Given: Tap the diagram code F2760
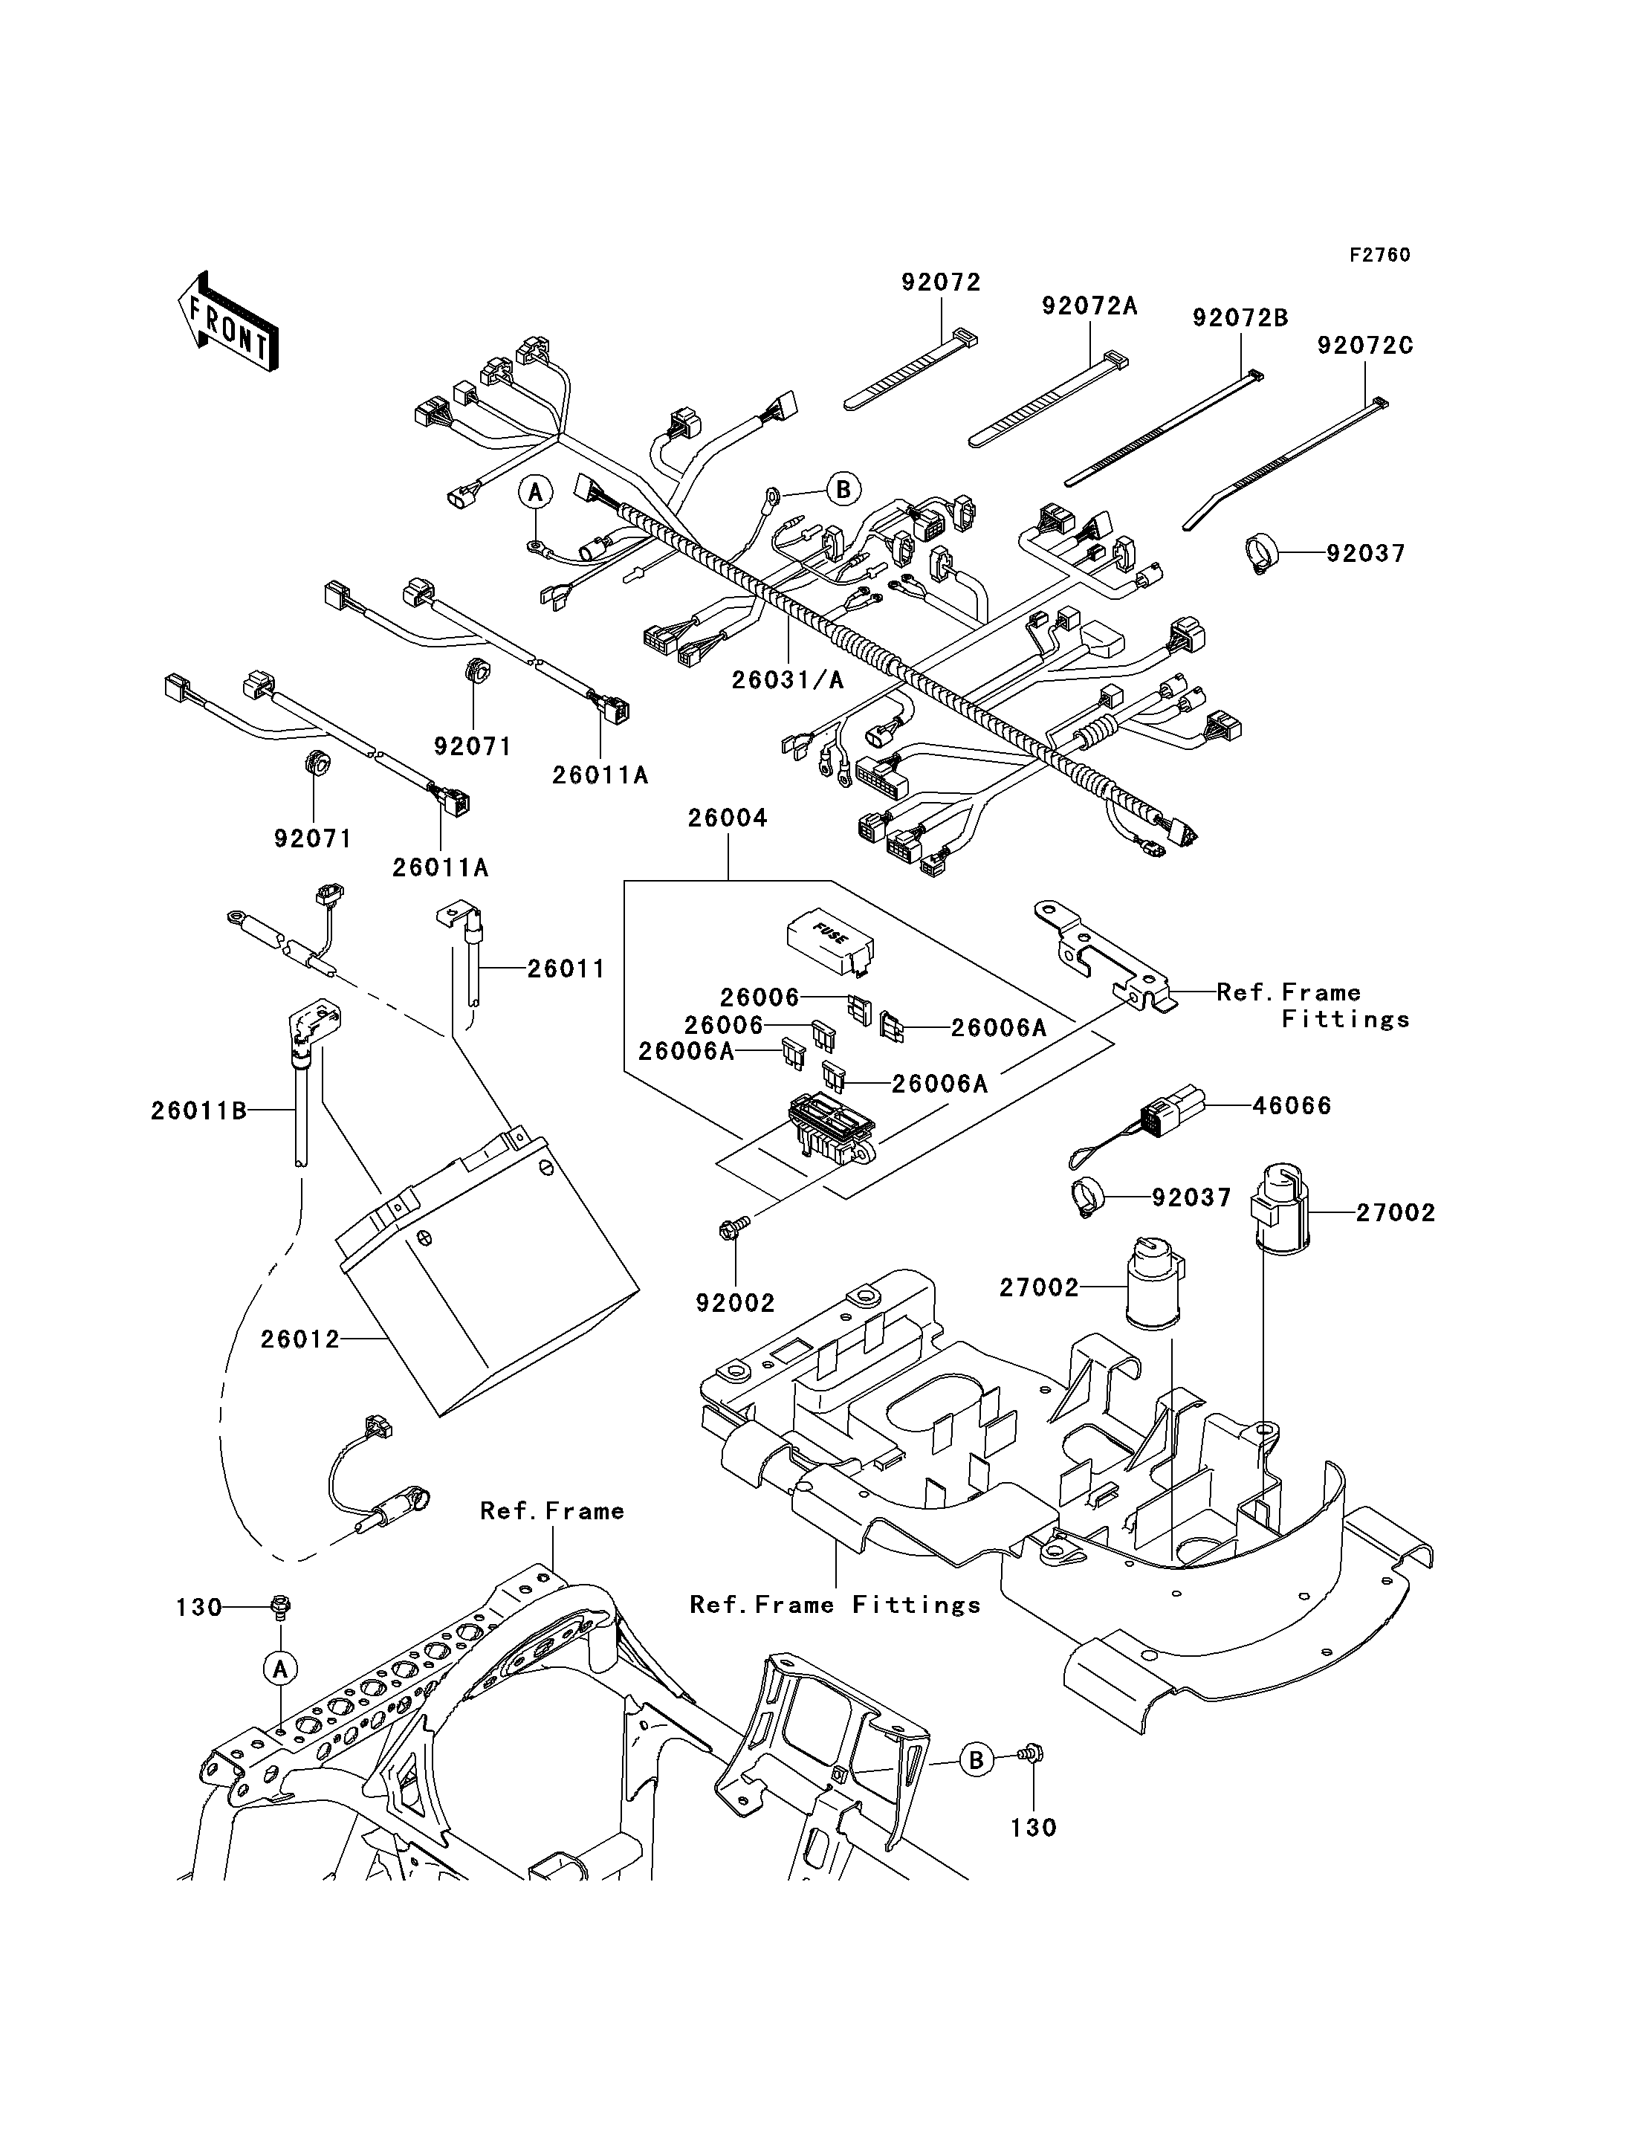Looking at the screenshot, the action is coord(1380,255).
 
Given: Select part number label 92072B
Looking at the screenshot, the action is coord(1240,318).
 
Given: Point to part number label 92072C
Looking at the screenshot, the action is coord(1364,346).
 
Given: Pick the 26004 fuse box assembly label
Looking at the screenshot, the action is coord(728,818).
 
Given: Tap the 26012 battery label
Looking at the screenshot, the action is coord(300,1339).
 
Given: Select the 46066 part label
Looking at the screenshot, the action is coord(1292,1106).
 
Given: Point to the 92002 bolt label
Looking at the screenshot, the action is coord(735,1304).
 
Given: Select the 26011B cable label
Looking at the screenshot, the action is coord(198,1110).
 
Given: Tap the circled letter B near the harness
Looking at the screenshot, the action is coord(843,490).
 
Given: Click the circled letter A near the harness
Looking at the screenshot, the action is coord(534,492).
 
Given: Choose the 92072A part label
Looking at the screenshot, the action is coord(1090,306).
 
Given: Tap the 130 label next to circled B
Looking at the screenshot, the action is coord(1034,1828).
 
